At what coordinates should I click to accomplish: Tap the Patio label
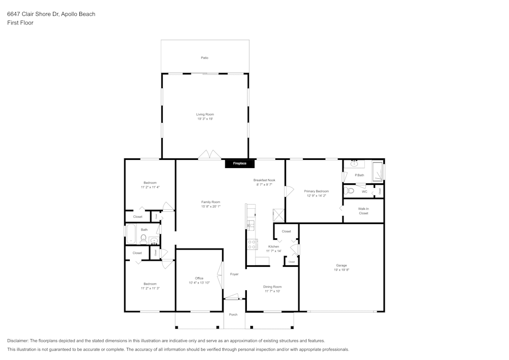pos(205,58)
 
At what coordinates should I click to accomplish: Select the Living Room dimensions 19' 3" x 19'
pos(205,119)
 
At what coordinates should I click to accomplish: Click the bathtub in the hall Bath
pos(131,234)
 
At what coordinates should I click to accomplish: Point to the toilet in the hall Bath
pos(144,238)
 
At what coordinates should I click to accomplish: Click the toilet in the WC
pos(349,191)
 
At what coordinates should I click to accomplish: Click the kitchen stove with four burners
pos(251,244)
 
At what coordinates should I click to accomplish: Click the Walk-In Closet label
pos(363,211)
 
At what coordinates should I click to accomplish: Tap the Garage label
pos(341,265)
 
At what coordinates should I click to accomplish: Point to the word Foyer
pos(234,274)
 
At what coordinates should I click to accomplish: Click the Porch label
pos(233,315)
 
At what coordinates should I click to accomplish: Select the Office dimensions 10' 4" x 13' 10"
pos(199,283)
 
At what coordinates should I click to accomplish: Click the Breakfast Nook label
pos(264,180)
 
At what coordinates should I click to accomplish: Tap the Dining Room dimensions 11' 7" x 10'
pos(272,291)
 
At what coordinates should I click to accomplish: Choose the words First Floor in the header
pos(20,23)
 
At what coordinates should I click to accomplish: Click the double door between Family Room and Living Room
pos(209,155)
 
